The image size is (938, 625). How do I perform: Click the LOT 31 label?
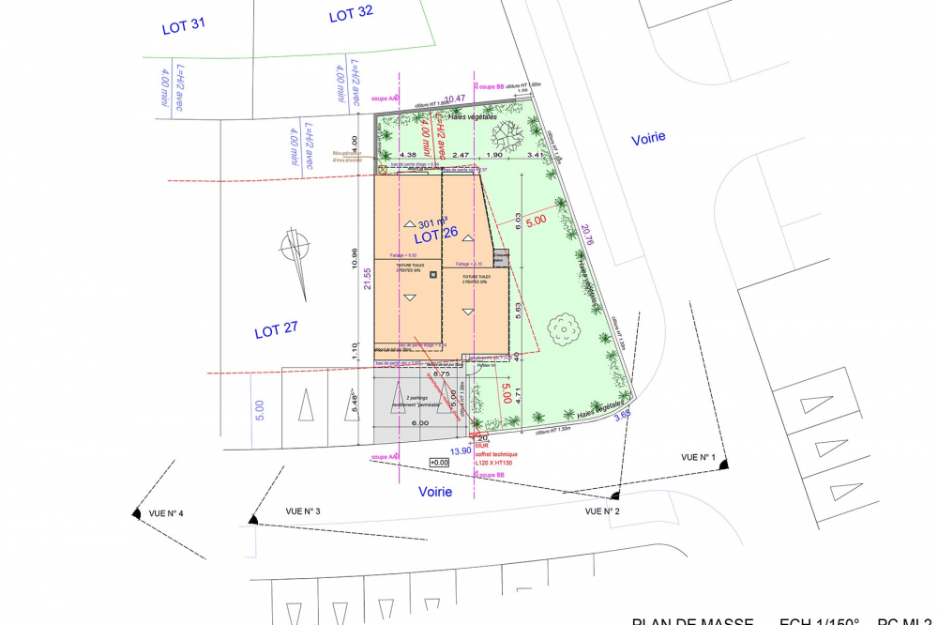183,27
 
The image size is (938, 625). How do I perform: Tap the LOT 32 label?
351,15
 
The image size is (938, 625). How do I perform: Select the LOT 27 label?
276,330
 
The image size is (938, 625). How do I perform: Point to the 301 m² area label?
432,223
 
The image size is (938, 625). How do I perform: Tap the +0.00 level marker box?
438,463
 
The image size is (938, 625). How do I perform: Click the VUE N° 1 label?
698,457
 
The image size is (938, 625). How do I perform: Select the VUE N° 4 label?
165,513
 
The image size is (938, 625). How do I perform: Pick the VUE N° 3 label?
303,511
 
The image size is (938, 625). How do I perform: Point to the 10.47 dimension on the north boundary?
455,99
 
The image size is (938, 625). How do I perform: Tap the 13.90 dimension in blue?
461,451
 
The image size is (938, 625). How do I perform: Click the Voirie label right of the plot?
647,137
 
